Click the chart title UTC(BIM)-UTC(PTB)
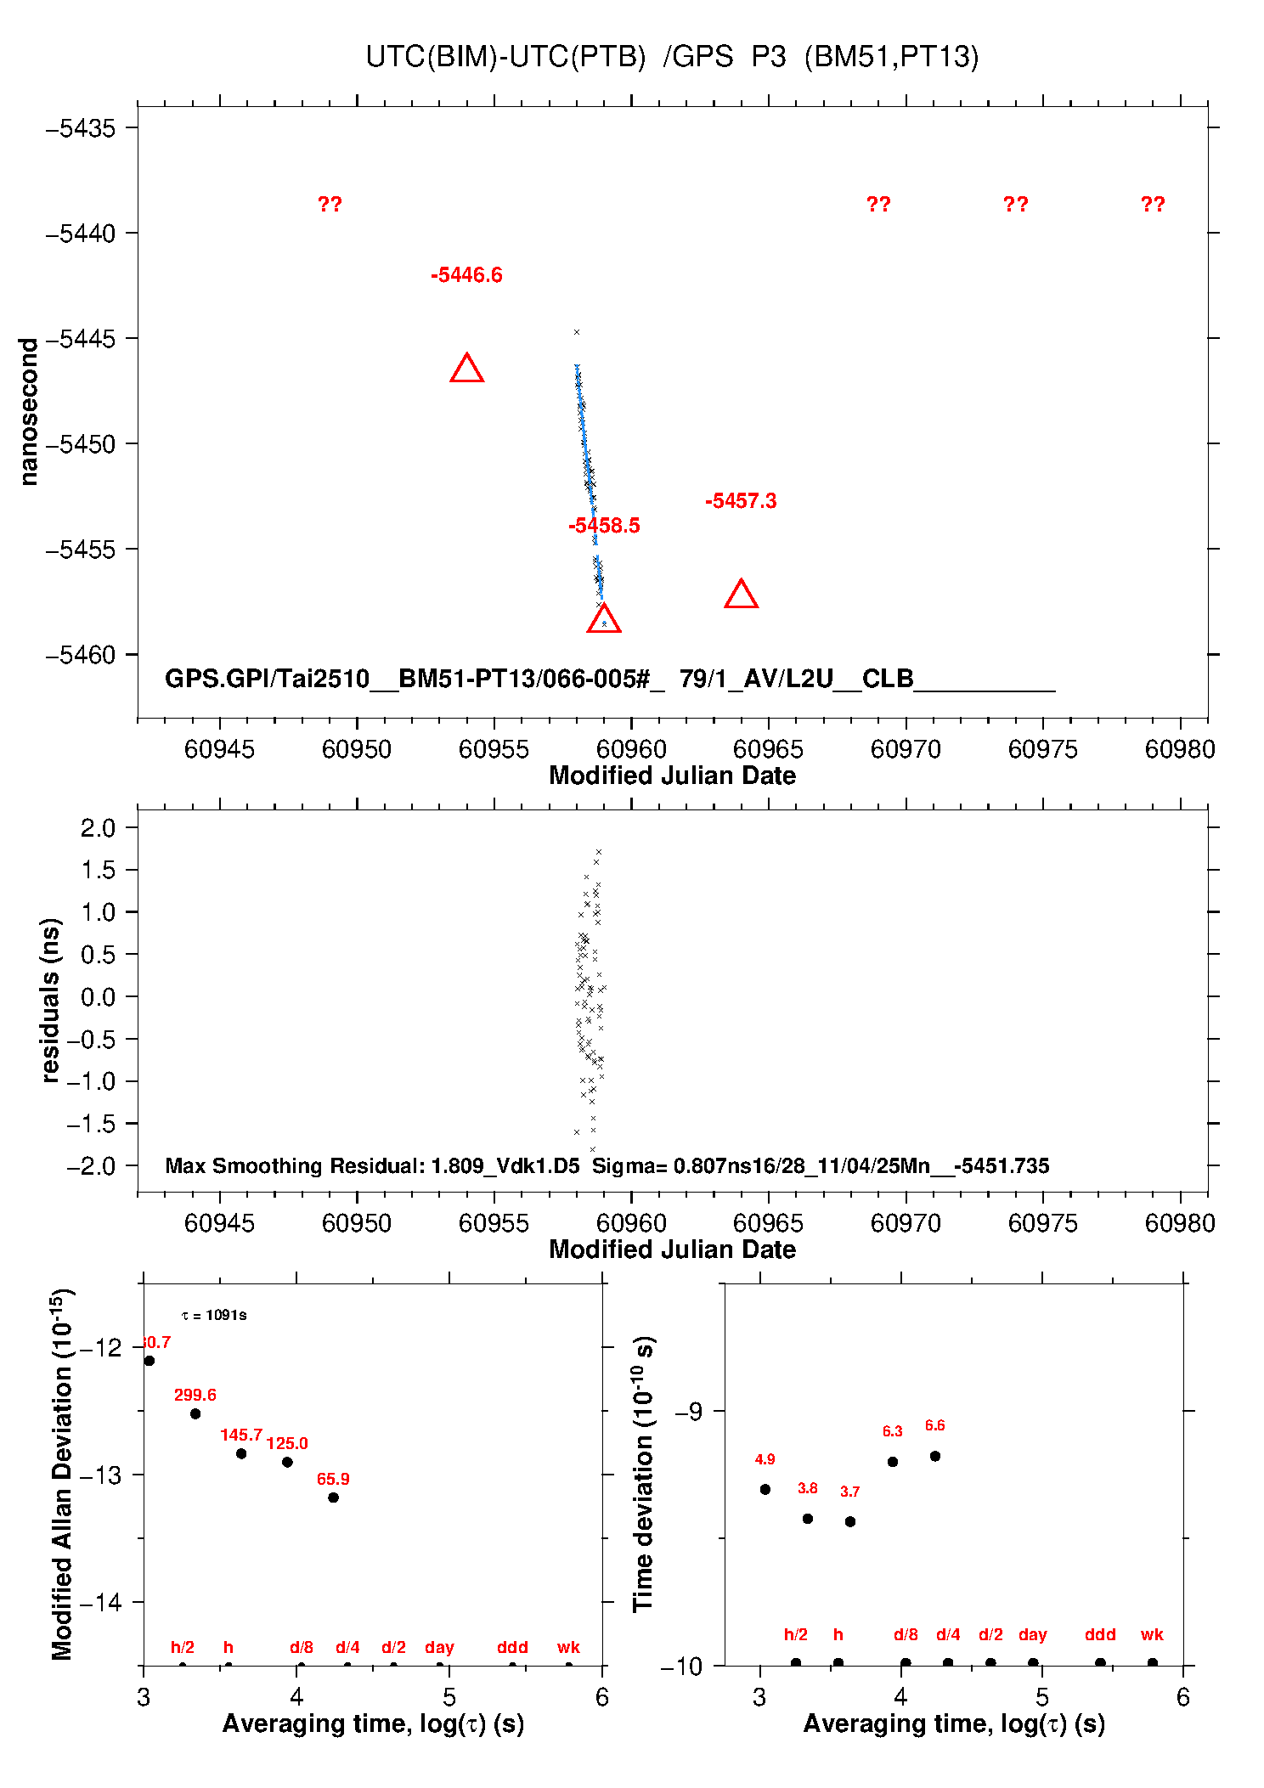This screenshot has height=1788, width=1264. coord(505,57)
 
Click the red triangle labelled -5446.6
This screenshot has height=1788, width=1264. coord(466,369)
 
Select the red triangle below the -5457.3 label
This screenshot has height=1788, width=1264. coord(741,595)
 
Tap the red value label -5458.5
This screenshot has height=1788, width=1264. coord(604,526)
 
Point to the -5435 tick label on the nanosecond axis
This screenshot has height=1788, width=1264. coord(80,128)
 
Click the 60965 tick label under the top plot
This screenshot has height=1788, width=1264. coord(768,749)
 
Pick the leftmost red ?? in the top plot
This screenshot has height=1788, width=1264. coord(330,205)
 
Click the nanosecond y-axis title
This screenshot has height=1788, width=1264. coord(29,412)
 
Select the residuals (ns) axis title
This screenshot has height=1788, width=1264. coord(51,1000)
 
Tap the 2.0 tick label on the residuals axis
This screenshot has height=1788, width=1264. coord(98,828)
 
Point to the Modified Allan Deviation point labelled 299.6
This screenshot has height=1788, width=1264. coord(195,1413)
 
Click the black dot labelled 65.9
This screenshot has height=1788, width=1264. coord(333,1498)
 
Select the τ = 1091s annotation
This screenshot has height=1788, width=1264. coord(214,1316)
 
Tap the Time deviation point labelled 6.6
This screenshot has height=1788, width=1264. coord(934,1456)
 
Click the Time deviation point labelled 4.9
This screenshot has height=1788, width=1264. coord(765,1489)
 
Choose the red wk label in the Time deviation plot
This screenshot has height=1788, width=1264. coord(1152,1634)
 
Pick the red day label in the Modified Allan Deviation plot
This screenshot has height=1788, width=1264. coord(439,1647)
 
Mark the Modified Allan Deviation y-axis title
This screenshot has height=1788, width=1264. coord(61,1474)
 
